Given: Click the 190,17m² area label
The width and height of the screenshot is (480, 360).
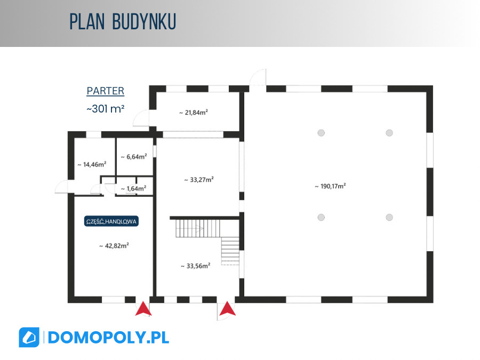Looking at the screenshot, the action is pyautogui.click(x=330, y=186).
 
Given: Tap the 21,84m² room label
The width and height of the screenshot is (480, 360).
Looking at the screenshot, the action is pyautogui.click(x=194, y=113).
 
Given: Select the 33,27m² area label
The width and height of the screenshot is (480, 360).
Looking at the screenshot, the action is pyautogui.click(x=199, y=180).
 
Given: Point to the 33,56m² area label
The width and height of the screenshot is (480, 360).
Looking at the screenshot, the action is pyautogui.click(x=195, y=266).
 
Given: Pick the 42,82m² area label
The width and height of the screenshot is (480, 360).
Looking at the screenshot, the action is pyautogui.click(x=114, y=246).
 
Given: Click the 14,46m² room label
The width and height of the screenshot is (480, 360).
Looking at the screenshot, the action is pyautogui.click(x=92, y=164).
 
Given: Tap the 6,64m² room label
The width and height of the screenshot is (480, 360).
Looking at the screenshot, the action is pyautogui.click(x=134, y=157).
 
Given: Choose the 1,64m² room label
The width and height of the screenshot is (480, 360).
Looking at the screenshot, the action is pyautogui.click(x=133, y=189).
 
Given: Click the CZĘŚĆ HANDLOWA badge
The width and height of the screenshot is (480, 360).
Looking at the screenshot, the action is pyautogui.click(x=111, y=221).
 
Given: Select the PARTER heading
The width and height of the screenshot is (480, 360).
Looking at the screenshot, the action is pyautogui.click(x=105, y=91).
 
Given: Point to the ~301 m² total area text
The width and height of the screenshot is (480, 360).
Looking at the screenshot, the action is pyautogui.click(x=105, y=109).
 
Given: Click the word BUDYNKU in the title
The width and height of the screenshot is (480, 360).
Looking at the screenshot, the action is pyautogui.click(x=144, y=22).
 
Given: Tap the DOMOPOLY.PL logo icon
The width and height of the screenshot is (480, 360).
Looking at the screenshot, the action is pyautogui.click(x=29, y=338).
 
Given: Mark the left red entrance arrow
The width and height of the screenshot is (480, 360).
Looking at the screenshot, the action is pyautogui.click(x=143, y=309).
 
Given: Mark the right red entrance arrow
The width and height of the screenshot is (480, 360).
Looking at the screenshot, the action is pyautogui.click(x=227, y=309).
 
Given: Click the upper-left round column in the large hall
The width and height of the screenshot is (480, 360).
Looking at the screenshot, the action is pyautogui.click(x=321, y=133).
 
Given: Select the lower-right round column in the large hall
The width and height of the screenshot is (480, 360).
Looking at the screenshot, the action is pyautogui.click(x=389, y=218).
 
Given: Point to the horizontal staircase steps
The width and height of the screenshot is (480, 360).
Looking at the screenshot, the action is pyautogui.click(x=198, y=228).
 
